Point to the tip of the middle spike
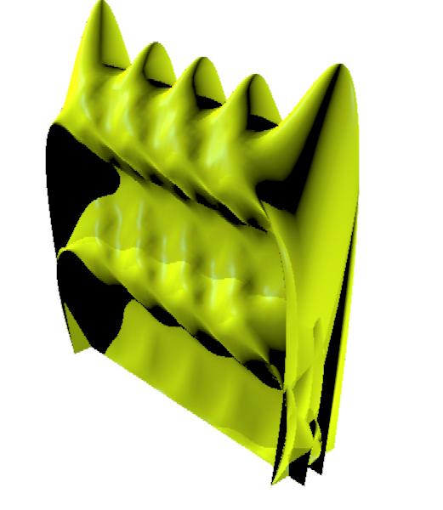[204, 59]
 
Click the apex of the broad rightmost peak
[340, 66]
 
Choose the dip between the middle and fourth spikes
[228, 100]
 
